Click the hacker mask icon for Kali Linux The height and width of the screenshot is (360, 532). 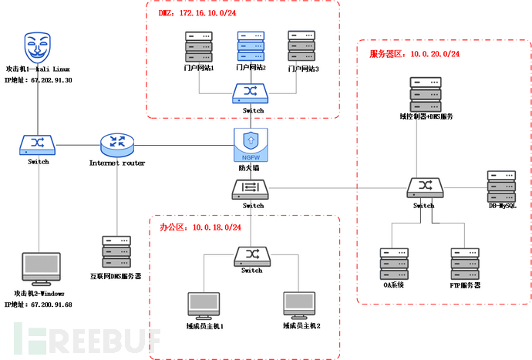[x=38, y=46]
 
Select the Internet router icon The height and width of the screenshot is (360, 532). [x=117, y=143]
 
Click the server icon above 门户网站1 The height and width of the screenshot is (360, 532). [x=199, y=46]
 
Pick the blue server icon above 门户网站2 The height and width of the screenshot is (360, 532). [x=251, y=46]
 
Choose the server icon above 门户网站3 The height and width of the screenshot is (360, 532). [x=301, y=46]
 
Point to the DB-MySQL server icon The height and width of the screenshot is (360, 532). [x=501, y=185]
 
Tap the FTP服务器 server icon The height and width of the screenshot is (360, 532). [x=465, y=263]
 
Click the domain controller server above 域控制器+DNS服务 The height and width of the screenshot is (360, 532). [x=426, y=94]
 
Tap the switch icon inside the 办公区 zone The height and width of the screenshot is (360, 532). [x=251, y=254]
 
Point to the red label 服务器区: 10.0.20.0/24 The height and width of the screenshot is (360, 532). [x=415, y=53]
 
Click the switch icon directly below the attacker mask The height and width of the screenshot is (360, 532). [x=38, y=143]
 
